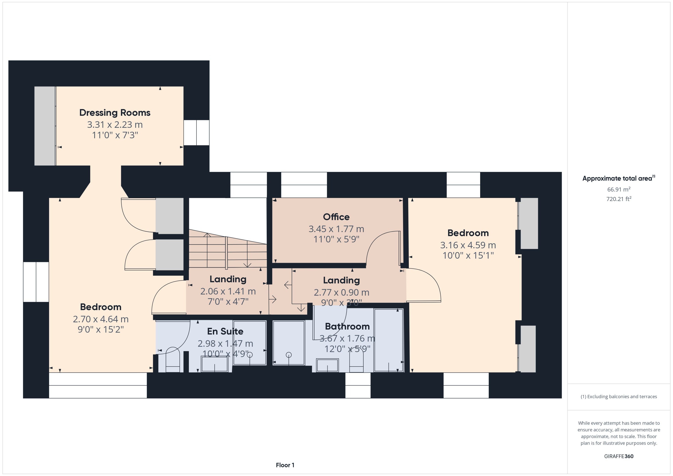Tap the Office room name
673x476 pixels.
coord(336,217)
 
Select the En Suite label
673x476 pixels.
coord(225,331)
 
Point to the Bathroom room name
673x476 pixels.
coord(347,326)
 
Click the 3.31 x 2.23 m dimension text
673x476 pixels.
coord(115,125)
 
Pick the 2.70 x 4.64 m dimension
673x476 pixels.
coord(101,319)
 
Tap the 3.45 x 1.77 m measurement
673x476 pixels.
coord(336,229)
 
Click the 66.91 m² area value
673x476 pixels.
coord(619,189)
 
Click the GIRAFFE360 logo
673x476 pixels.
coord(619,456)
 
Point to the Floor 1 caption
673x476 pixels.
coord(285,465)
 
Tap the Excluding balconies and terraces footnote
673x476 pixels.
coord(619,397)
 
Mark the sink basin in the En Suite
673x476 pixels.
coord(215,364)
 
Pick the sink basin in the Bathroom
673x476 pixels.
coord(327,366)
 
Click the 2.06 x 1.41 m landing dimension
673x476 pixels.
coord(228,291)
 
